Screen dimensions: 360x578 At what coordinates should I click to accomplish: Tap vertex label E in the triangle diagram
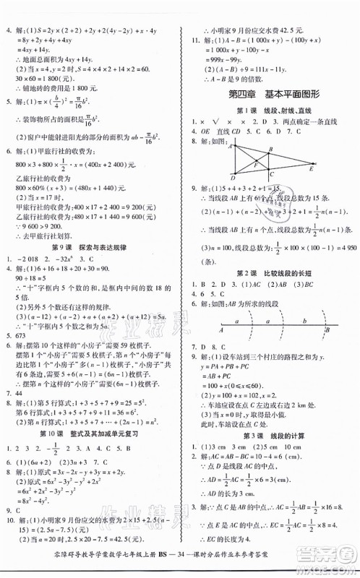click(x=331, y=168)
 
